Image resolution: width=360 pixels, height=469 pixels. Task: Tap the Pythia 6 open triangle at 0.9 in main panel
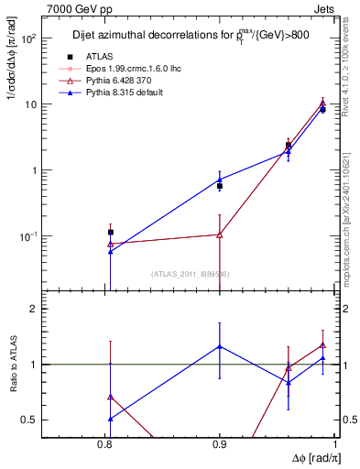(x=220, y=234)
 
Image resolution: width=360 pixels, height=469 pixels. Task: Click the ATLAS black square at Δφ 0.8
(x=111, y=233)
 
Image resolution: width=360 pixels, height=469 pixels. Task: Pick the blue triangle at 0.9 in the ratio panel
(x=220, y=346)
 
